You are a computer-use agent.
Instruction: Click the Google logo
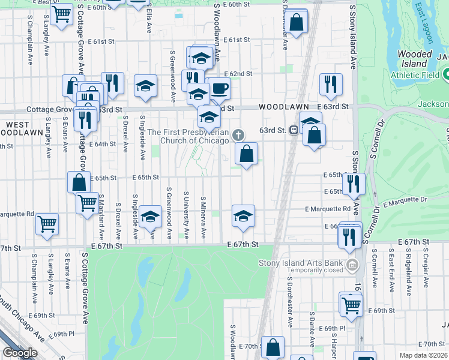[x=20, y=353]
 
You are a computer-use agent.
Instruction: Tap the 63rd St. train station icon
[x=295, y=130]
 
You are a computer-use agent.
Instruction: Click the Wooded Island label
[x=415, y=59]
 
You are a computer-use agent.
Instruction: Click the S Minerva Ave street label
[x=204, y=215]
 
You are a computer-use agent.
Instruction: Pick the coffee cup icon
[x=219, y=88]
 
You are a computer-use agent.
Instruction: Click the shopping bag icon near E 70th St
[x=273, y=347]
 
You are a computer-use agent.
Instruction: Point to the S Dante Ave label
[x=312, y=329]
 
